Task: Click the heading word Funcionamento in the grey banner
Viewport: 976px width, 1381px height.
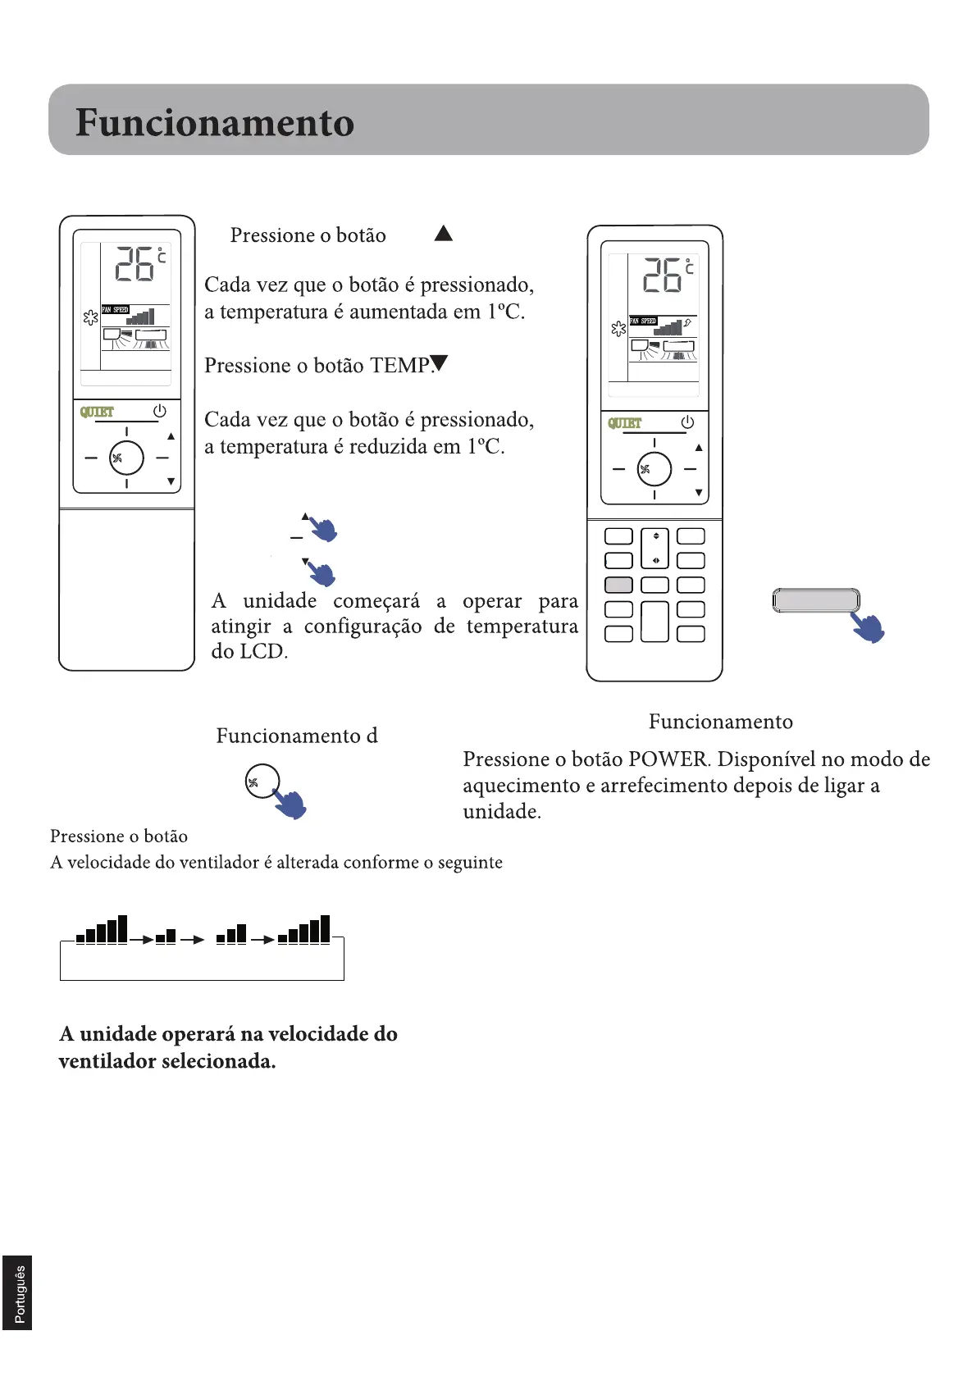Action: (x=215, y=123)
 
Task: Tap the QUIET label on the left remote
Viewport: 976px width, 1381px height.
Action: (x=97, y=412)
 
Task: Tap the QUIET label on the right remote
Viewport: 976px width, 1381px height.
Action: (x=624, y=423)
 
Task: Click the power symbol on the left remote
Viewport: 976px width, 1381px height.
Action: (x=159, y=410)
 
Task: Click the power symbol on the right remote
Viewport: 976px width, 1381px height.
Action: (x=687, y=422)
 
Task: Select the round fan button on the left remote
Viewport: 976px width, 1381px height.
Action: (x=126, y=458)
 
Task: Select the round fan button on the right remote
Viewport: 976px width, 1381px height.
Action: (x=654, y=469)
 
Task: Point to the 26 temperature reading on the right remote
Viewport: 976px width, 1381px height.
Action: (x=663, y=275)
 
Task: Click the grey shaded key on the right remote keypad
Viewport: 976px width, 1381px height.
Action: (x=618, y=585)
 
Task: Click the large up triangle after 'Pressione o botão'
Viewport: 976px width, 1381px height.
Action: (x=444, y=234)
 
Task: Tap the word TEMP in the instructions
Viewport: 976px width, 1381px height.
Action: (x=400, y=366)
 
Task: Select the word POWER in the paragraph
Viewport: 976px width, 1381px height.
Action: (x=668, y=759)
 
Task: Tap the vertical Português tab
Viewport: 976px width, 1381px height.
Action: (x=18, y=1293)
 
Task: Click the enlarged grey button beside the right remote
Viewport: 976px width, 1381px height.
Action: (x=815, y=600)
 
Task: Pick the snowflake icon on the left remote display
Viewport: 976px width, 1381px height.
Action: (x=90, y=317)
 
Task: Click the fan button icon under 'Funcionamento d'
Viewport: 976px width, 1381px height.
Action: (x=262, y=782)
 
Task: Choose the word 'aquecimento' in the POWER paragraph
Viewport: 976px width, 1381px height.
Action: (x=521, y=786)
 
